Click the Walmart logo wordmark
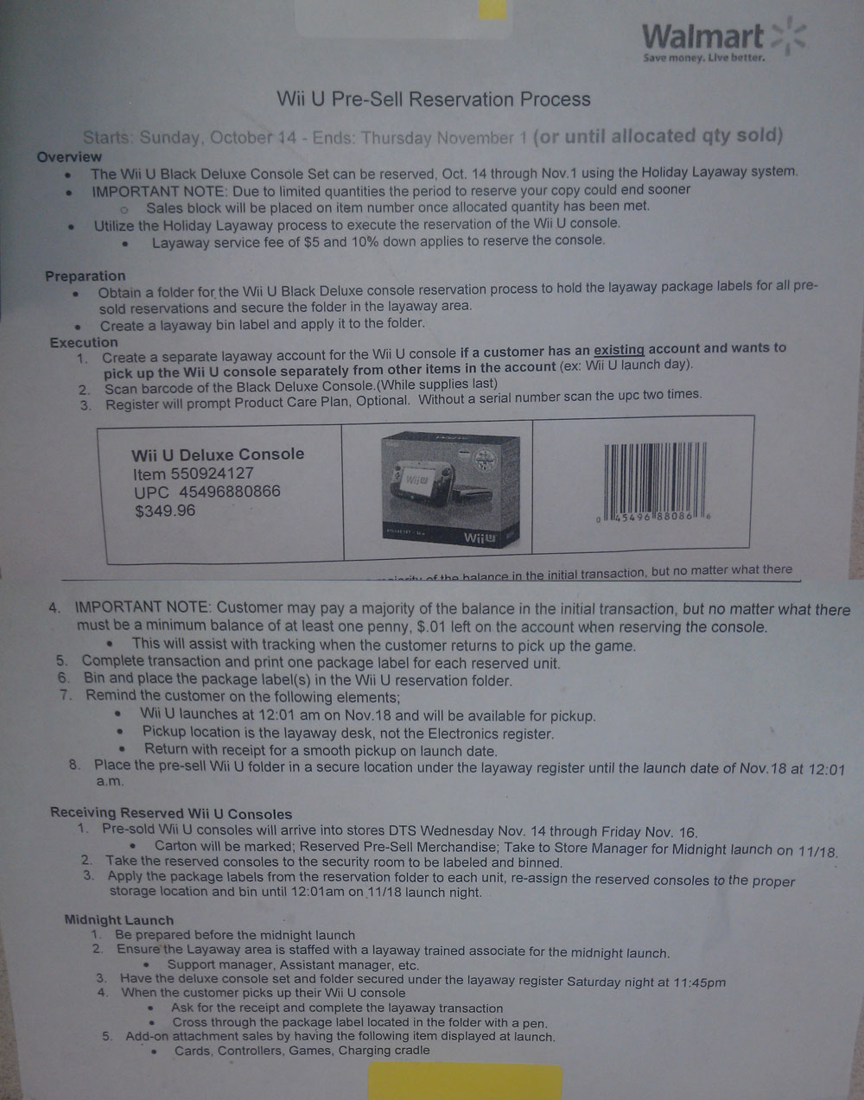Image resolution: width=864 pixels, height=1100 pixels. pos(702,37)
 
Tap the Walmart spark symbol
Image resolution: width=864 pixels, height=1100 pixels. pos(789,35)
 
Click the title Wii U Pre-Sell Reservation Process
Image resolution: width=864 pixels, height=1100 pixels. pos(433,99)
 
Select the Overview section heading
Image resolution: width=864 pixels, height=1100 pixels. pos(69,157)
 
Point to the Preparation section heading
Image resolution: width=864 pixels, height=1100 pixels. pos(85,276)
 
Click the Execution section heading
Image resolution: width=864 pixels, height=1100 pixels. pos(84,343)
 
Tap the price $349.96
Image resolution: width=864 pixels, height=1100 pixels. pos(165,511)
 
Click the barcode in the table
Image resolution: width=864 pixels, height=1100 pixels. pos(654,483)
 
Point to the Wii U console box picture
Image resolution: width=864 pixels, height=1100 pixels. pos(450,489)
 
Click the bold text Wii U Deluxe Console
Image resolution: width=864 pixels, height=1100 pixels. pos(218,455)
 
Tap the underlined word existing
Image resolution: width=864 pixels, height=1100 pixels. pos(619,350)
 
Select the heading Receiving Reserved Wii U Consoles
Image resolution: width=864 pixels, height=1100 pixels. pos(171,813)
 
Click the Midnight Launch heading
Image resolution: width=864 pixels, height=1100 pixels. pos(119,919)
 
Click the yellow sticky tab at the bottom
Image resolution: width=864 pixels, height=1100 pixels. pos(465,1081)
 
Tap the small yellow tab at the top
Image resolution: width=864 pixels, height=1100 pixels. pos(492,10)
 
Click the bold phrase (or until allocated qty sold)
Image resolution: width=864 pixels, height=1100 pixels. pos(658,136)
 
